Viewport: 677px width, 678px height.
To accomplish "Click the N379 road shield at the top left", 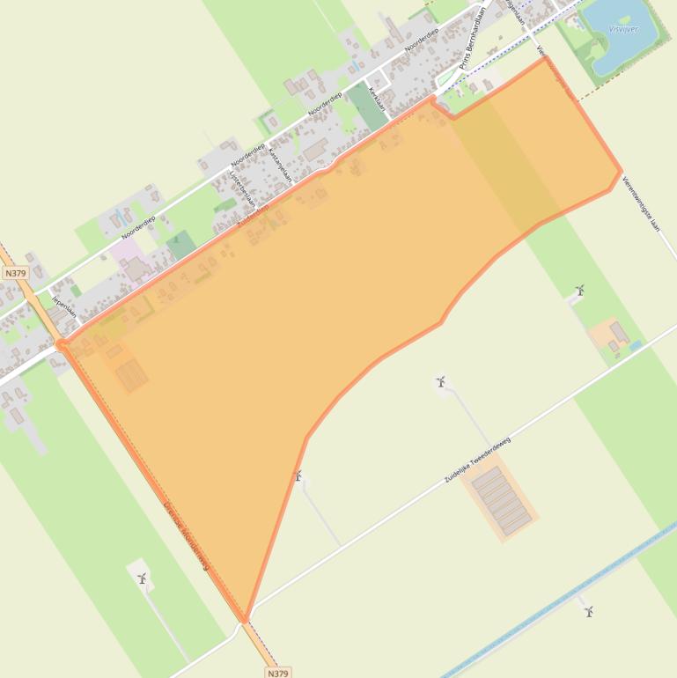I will [x=15, y=273].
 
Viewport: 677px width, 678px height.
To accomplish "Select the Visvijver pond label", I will [x=622, y=29].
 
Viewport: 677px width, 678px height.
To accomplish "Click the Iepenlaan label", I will [x=63, y=306].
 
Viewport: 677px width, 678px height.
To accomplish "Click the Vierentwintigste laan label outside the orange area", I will [x=640, y=203].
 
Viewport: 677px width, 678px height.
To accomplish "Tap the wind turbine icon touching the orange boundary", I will [x=298, y=475].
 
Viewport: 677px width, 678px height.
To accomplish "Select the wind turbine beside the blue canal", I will [x=588, y=610].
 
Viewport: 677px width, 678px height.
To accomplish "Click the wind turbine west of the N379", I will [x=142, y=578].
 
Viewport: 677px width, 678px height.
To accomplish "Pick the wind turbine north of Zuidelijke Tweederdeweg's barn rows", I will [x=440, y=381].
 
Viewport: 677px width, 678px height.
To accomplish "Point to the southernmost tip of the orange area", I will [x=247, y=619].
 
